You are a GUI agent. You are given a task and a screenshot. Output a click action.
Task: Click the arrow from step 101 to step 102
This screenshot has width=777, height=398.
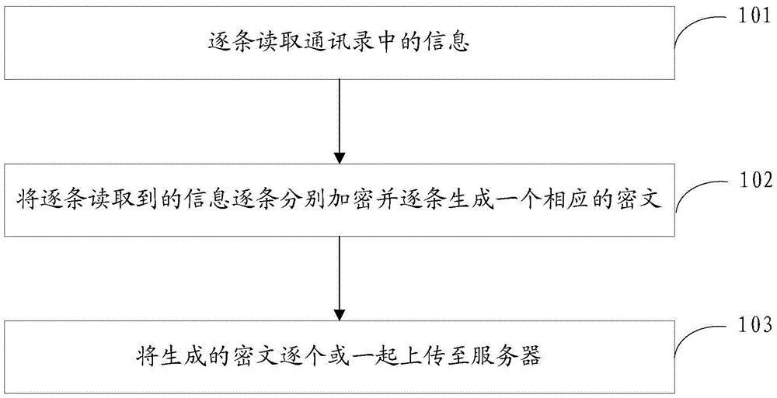340,121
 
